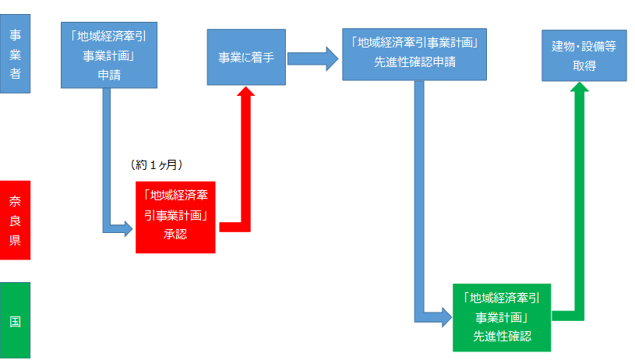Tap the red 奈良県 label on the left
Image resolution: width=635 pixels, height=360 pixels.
pos(15,221)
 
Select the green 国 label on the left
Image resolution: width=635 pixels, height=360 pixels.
pos(15,320)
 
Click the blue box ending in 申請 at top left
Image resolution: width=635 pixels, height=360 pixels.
pos(110,56)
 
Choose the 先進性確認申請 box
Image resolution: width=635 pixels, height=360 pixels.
pos(414,55)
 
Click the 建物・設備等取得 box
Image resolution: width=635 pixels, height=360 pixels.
pos(584,56)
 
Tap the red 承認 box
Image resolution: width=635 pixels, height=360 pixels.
pos(175,216)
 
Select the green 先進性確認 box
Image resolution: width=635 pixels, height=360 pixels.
pos(502,317)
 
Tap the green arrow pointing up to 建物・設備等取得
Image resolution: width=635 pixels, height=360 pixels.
pos(580,195)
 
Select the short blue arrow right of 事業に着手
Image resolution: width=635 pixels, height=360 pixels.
pos(312,57)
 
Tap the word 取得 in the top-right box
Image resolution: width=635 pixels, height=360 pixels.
pos(584,66)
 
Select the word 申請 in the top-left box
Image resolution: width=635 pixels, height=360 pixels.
pos(109,76)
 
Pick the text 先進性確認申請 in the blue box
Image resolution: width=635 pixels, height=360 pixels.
pos(414,62)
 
